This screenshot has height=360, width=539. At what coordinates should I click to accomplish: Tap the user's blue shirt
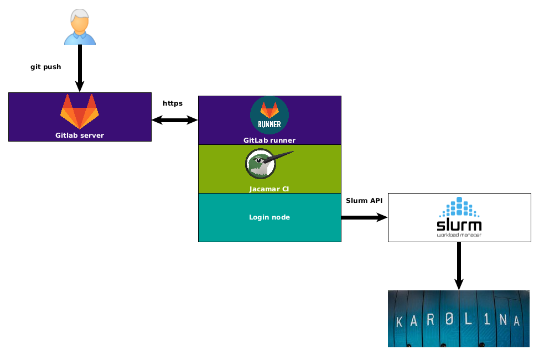click(80, 39)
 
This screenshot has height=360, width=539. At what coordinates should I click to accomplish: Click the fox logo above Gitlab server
click(80, 111)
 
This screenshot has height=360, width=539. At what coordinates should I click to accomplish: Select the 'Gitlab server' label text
click(80, 135)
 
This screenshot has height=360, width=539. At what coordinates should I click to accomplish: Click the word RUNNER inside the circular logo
click(269, 124)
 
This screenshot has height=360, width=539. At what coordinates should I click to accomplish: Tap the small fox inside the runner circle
click(269, 109)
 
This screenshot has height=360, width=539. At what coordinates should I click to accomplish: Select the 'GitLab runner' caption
click(269, 140)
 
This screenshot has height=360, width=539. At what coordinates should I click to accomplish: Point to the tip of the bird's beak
click(292, 152)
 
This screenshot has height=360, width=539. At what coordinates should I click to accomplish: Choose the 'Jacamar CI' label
click(269, 189)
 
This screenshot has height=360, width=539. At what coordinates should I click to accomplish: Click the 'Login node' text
click(269, 217)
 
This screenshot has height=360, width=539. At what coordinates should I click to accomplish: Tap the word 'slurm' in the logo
click(459, 225)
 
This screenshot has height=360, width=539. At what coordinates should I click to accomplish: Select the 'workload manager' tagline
click(459, 235)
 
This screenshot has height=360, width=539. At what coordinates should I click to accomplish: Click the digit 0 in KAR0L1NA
click(452, 320)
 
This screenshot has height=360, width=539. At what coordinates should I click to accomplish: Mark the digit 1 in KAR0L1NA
click(486, 320)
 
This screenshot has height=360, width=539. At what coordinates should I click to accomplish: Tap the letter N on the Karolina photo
click(502, 320)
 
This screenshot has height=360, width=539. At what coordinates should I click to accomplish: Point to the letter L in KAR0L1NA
click(470, 321)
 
